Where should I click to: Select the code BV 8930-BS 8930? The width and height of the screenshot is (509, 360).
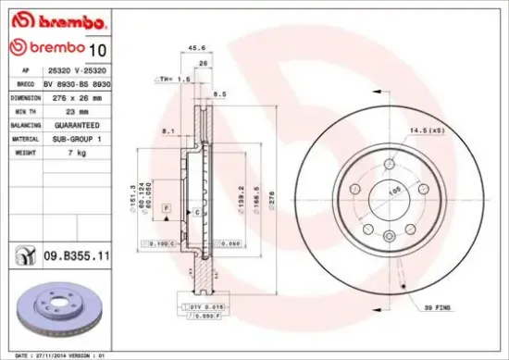pyautogui.click(x=75, y=82)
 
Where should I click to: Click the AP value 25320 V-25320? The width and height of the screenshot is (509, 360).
pyautogui.click(x=75, y=69)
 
